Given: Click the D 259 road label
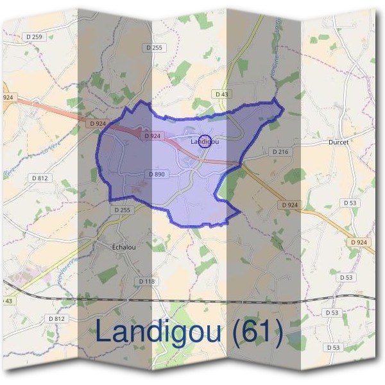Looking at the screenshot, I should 33,37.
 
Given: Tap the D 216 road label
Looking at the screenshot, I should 280,151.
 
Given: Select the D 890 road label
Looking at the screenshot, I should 157,174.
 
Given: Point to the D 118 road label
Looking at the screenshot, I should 147,281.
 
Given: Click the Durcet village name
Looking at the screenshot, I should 338,142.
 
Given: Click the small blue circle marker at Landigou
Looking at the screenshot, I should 203,141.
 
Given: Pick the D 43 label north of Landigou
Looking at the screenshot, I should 221,94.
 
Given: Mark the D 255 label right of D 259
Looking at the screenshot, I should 155,47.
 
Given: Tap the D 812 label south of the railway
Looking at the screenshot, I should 56,318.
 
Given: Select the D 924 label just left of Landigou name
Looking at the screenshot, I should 152,136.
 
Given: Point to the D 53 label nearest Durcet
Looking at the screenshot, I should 349,203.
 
